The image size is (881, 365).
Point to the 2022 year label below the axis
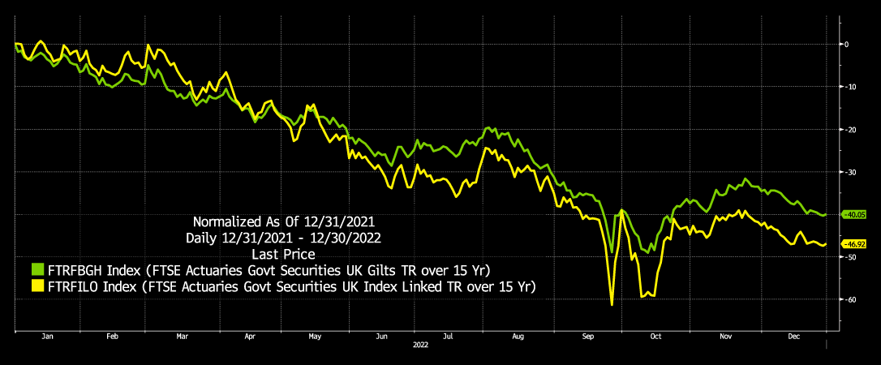[420, 345]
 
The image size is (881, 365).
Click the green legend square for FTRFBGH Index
[37, 269]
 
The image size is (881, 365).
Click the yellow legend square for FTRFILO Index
[37, 286]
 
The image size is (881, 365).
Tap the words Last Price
[286, 253]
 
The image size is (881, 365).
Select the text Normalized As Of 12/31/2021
[286, 221]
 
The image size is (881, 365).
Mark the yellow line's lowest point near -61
[611, 304]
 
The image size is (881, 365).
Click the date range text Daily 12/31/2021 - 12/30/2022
[286, 237]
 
